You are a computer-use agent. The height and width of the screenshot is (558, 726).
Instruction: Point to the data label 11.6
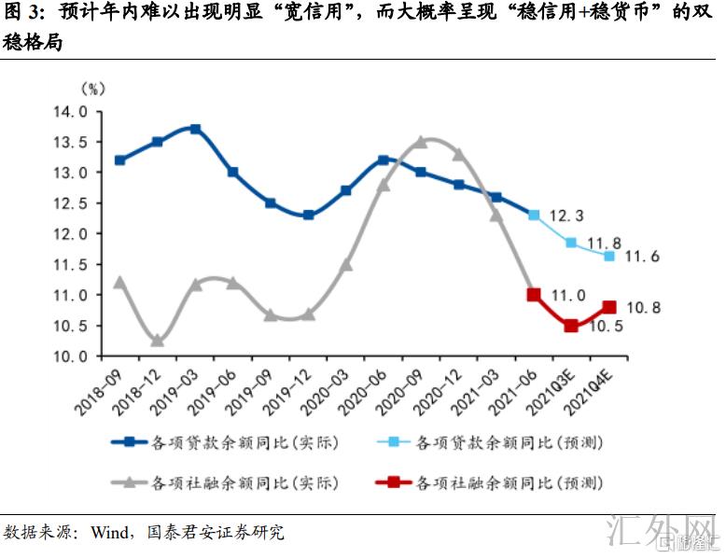641,256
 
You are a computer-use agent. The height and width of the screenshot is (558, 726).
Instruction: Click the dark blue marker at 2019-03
195,130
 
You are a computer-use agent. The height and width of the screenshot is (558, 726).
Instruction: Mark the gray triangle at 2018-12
158,341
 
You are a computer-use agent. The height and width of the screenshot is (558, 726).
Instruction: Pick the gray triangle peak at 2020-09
421,142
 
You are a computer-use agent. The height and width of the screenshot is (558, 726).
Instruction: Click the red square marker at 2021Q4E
609,307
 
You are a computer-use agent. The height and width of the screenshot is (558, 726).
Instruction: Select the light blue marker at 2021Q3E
571,243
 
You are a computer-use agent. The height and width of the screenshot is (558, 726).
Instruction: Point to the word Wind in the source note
110,533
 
